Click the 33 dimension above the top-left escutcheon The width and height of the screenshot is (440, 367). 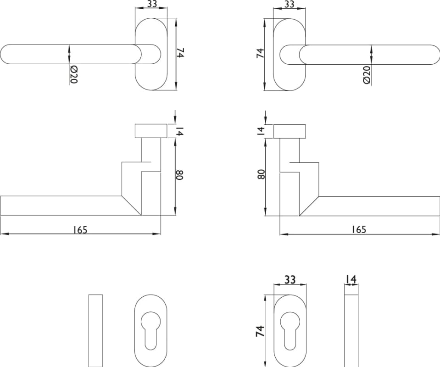point(152,4)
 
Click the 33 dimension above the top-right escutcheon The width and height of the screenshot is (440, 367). point(289,4)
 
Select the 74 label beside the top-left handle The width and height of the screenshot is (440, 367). point(180,53)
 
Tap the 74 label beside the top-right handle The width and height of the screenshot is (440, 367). point(261,53)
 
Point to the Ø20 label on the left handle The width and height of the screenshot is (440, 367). point(74,74)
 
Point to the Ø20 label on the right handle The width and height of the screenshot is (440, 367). point(367,75)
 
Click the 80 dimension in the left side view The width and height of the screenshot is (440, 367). point(179,175)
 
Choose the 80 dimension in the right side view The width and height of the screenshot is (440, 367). point(261,174)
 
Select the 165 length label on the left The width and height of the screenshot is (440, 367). point(80,230)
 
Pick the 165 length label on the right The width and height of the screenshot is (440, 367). point(359,229)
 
